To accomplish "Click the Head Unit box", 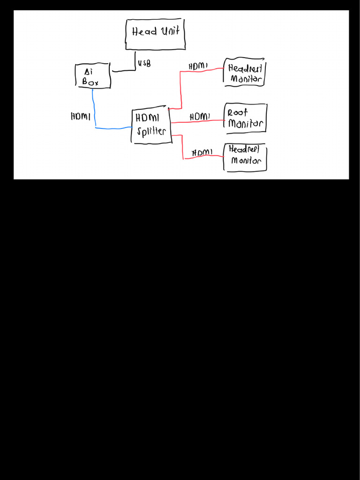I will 155,34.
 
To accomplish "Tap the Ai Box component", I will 93,76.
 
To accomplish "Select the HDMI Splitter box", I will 150,125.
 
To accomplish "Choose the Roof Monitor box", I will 246,119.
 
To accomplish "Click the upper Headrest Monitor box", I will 245,73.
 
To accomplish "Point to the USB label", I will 144,63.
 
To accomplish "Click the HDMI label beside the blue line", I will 80,116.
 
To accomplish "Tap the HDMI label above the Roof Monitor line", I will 200,116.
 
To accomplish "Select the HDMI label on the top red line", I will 198,67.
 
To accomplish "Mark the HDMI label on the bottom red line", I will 202,152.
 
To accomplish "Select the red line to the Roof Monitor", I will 197,122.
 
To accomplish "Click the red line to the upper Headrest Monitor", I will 181,89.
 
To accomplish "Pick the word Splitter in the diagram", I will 151,131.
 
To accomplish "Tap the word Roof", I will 238,113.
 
